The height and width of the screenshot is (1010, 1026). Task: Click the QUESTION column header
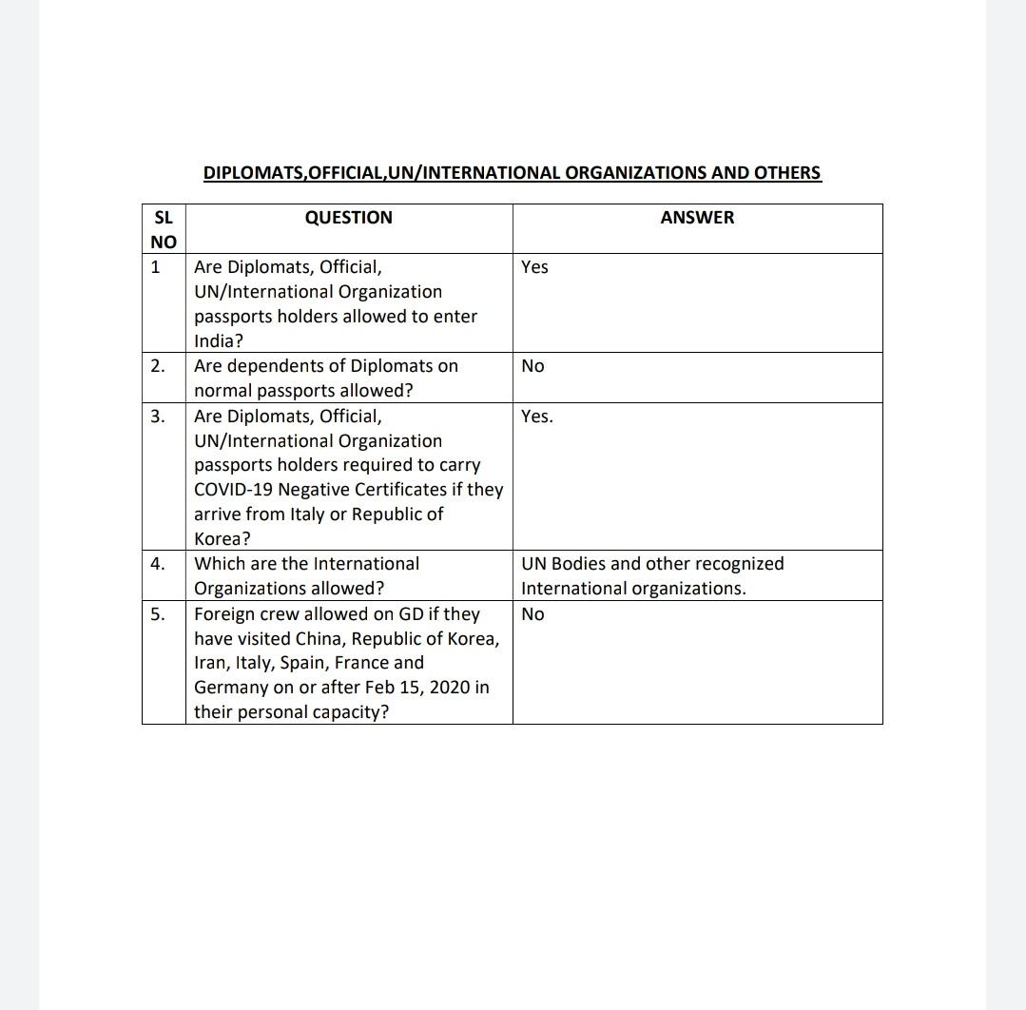(348, 218)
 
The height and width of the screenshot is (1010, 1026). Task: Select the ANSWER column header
(697, 218)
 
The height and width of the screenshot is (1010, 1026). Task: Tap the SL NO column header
(164, 229)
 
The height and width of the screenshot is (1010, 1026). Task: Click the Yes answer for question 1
(534, 267)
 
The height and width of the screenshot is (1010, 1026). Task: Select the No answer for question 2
(532, 366)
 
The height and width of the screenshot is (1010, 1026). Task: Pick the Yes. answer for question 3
(536, 417)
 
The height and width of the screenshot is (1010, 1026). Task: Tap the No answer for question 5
(532, 614)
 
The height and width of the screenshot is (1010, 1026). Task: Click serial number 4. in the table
(158, 564)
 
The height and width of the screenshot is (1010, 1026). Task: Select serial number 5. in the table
(158, 614)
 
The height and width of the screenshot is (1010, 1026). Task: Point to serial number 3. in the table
(158, 417)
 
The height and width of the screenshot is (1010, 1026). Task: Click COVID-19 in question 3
(234, 490)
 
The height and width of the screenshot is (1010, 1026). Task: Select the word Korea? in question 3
(223, 539)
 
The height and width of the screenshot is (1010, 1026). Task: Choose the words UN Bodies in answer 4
(562, 564)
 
